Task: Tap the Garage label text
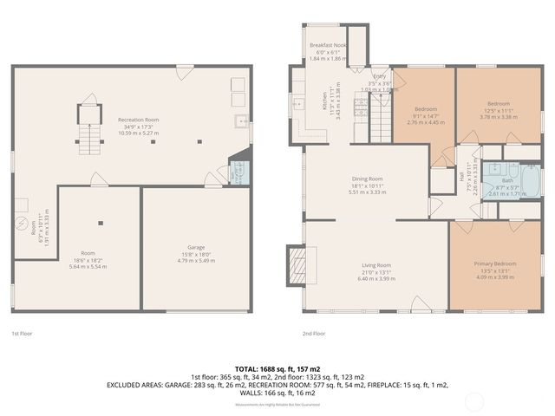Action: [x=196, y=247]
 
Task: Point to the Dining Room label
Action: [x=367, y=179]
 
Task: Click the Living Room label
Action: [x=376, y=265]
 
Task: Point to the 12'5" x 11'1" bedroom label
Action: [x=499, y=103]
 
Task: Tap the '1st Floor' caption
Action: [x=23, y=333]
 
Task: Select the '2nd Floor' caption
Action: [x=313, y=333]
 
